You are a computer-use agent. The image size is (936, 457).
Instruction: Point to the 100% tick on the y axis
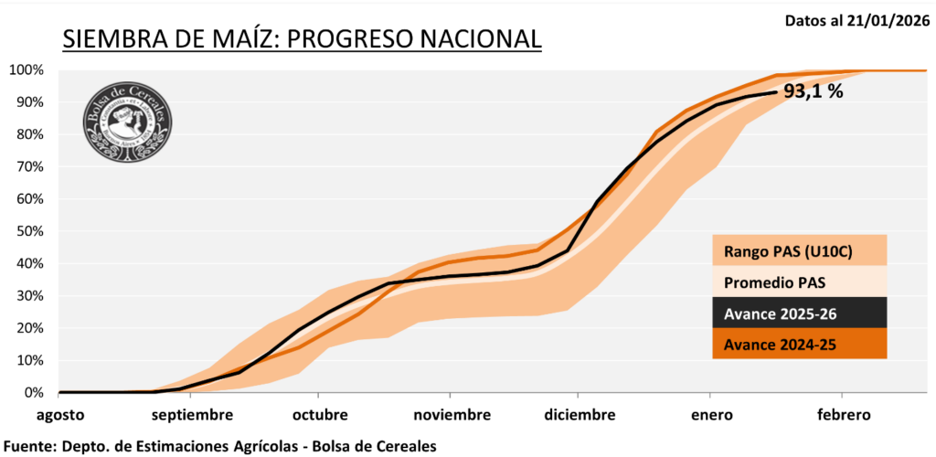pos(27,70)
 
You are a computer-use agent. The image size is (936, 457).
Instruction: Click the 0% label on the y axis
pos(33,393)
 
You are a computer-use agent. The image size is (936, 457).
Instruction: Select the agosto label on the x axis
pos(60,415)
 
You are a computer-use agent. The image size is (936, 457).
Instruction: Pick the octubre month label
pos(320,415)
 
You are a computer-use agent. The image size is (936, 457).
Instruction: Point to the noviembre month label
pos(452,415)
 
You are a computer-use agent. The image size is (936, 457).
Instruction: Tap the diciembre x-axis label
pos(580,415)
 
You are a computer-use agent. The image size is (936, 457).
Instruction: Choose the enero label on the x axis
pos(712,415)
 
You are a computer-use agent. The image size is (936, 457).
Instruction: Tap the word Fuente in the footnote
pos(28,446)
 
